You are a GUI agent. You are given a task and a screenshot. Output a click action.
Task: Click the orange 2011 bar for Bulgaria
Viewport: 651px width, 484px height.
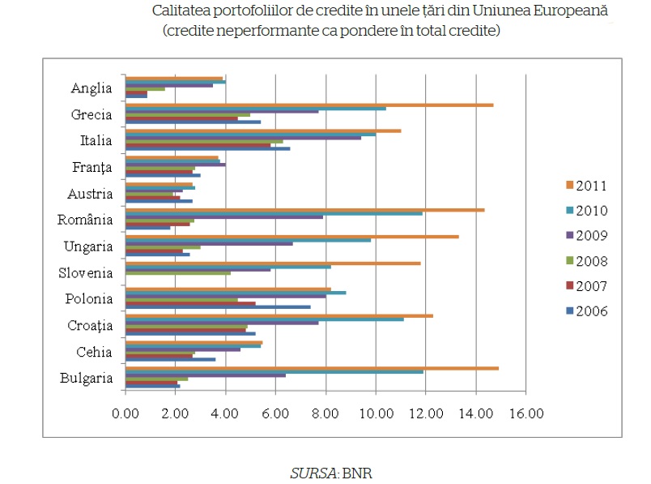pos(312,368)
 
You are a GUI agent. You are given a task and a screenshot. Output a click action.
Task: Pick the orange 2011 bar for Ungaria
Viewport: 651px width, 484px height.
pos(292,237)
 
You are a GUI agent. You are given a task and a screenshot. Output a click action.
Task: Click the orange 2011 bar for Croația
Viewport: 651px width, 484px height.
pos(279,315)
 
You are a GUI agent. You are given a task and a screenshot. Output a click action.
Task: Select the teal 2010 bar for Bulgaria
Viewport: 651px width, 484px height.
pos(274,371)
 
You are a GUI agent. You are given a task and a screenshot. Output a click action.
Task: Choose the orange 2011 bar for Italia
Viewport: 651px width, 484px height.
pos(263,131)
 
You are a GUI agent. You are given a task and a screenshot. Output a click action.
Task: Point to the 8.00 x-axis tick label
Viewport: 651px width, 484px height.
pos(325,414)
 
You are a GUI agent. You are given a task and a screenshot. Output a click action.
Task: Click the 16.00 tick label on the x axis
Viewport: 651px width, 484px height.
pos(526,414)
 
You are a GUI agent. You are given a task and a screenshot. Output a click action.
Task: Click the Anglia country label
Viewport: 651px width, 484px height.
pos(91,88)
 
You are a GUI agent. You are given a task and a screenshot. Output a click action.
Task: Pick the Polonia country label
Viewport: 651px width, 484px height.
pos(89,299)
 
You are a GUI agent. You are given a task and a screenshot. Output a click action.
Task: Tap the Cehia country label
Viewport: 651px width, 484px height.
pos(94,352)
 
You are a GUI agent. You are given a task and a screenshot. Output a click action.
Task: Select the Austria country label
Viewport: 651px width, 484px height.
pos(91,194)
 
